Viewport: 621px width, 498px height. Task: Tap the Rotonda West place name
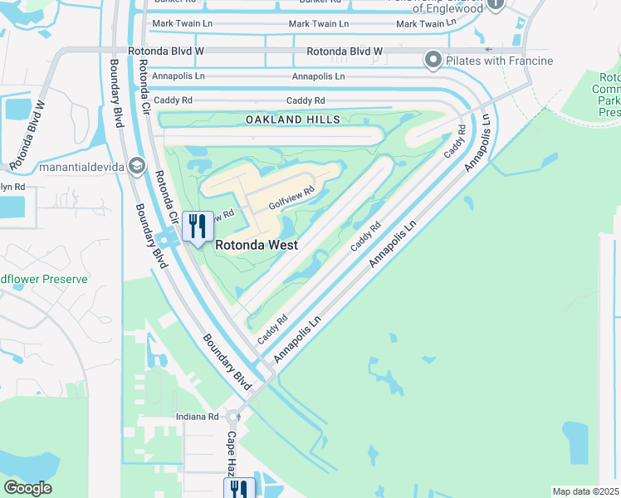click(x=257, y=246)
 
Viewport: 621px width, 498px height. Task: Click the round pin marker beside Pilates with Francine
click(x=433, y=60)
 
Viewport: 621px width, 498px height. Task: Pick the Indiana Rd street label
click(x=197, y=416)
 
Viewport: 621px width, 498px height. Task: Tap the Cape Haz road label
click(x=233, y=452)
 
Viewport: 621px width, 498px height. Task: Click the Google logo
click(x=27, y=488)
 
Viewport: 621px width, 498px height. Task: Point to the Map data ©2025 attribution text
click(x=585, y=491)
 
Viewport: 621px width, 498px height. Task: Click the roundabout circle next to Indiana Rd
click(x=233, y=417)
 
